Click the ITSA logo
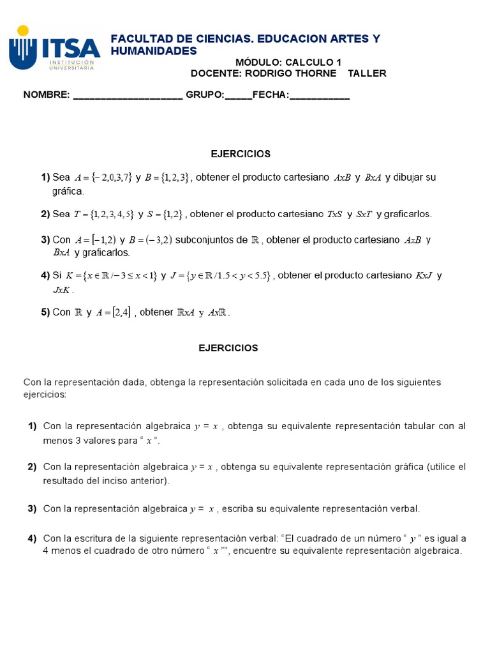[x=54, y=48]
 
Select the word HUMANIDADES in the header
[x=154, y=50]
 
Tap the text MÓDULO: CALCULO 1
[x=288, y=62]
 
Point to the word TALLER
[x=367, y=73]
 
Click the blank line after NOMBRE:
[x=128, y=95]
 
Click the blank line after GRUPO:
[x=238, y=95]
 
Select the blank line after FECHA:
[x=319, y=95]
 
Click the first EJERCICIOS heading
[x=241, y=154]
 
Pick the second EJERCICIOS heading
[x=228, y=348]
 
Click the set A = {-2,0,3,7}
[x=103, y=178]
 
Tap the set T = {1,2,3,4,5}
[x=103, y=214]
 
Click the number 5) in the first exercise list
[x=45, y=312]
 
